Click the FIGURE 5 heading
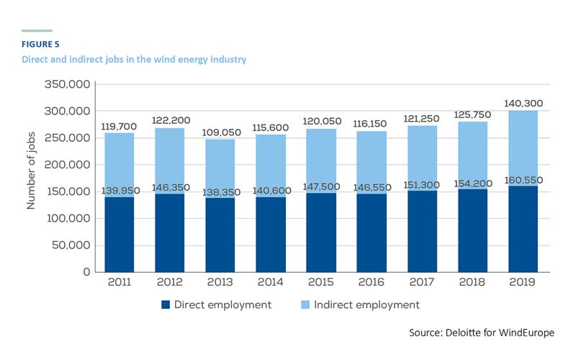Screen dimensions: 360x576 point(40,45)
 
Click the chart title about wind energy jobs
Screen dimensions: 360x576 point(134,59)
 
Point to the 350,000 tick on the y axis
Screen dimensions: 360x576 point(67,85)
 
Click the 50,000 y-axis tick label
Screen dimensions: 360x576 point(70,246)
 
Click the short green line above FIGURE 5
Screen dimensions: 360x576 point(37,31)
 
